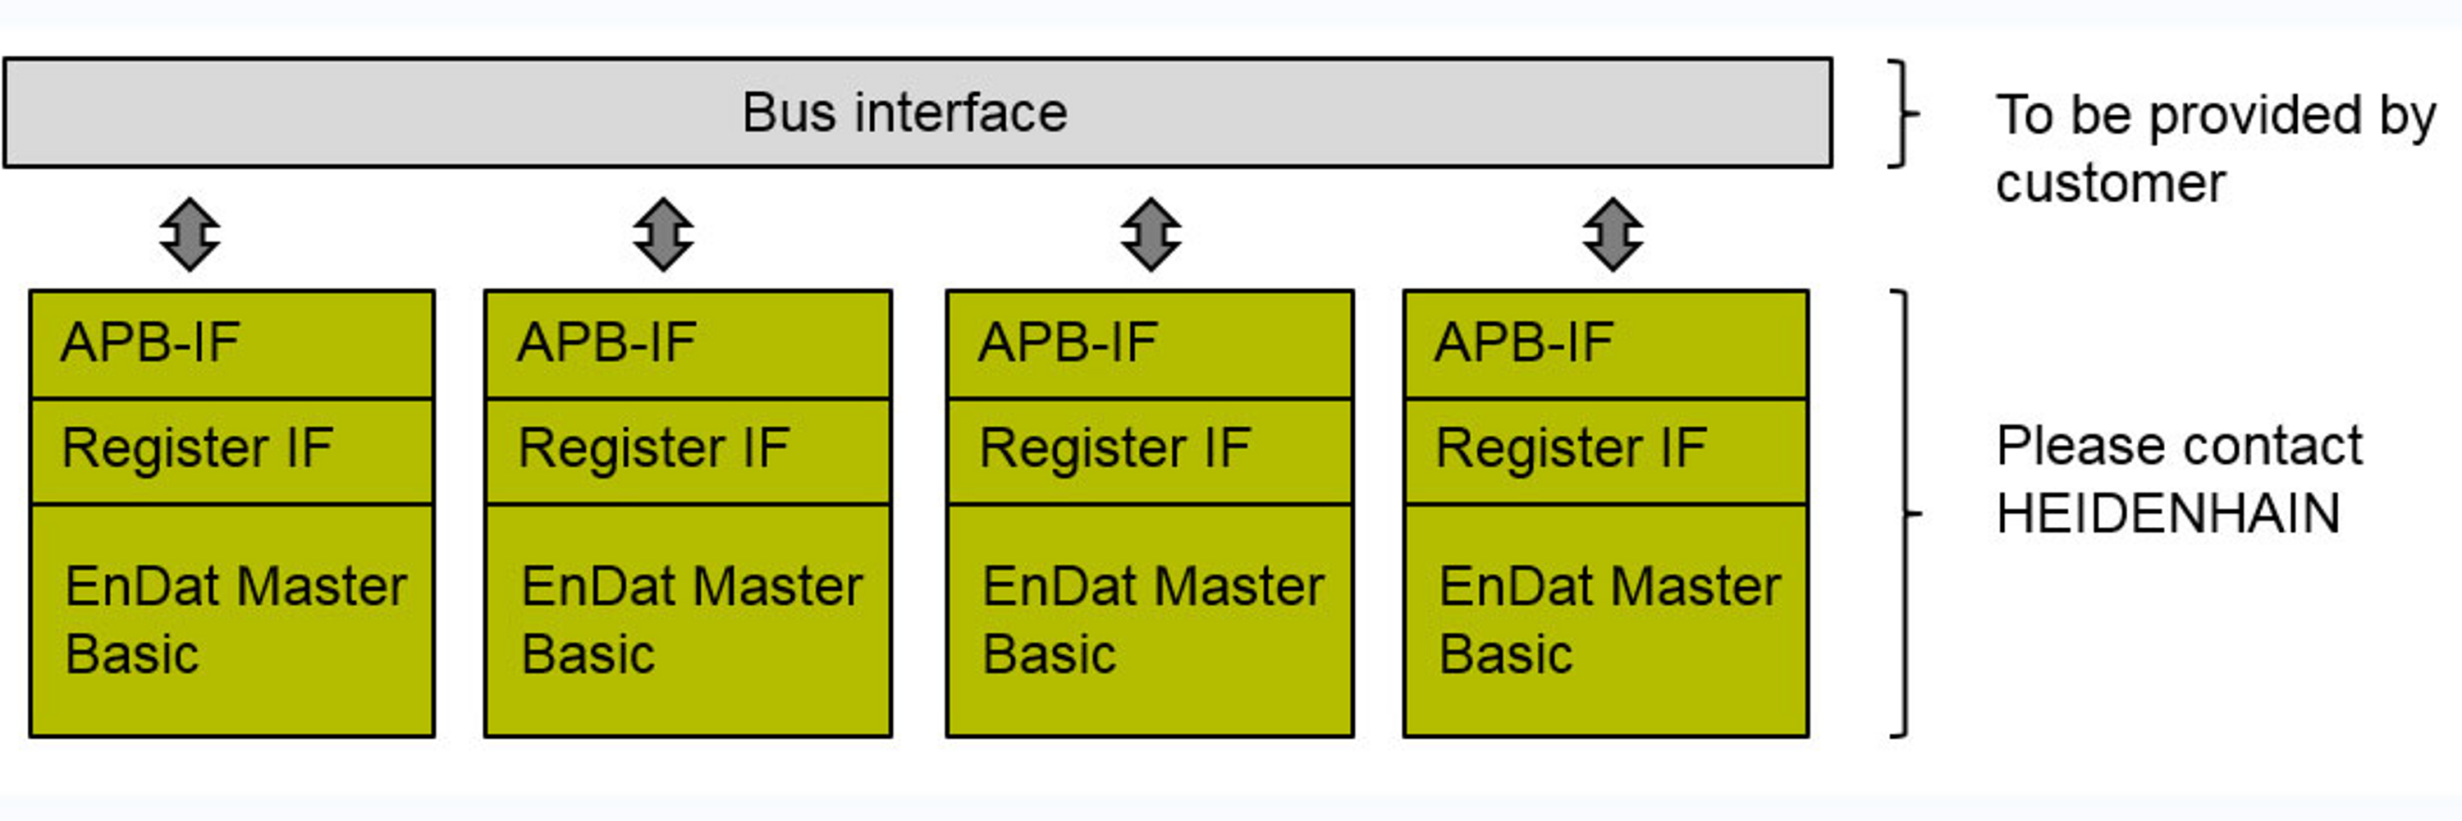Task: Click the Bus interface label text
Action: click(904, 112)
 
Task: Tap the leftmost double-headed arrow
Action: click(190, 234)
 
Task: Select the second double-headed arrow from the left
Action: click(663, 234)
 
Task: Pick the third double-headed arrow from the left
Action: click(1151, 234)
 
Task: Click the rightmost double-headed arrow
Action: click(1613, 234)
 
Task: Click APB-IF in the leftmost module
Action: click(150, 343)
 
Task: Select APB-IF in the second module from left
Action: click(606, 343)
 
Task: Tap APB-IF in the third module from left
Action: click(1068, 343)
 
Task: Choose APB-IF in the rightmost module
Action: click(1523, 343)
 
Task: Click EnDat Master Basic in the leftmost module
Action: click(234, 619)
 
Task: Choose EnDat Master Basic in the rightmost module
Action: click(1609, 619)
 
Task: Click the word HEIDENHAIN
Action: click(2167, 514)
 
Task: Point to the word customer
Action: click(2110, 184)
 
